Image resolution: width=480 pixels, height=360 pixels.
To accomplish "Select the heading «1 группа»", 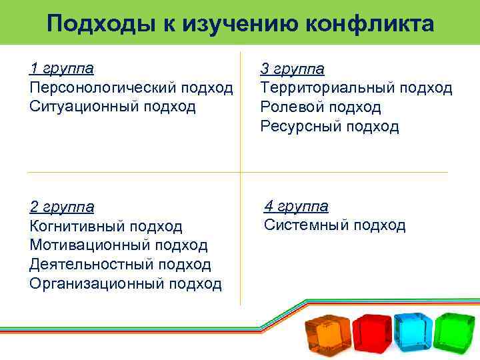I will (x=61, y=68).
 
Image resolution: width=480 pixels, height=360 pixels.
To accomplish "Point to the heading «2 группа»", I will (x=61, y=207).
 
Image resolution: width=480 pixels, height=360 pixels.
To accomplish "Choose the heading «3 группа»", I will (x=292, y=69).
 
